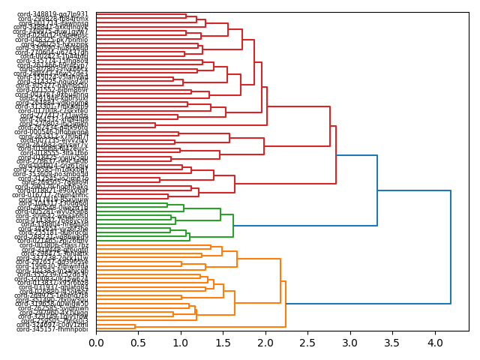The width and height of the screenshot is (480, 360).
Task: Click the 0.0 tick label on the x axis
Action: (96, 343)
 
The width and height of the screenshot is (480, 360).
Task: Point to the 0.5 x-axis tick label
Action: (139, 343)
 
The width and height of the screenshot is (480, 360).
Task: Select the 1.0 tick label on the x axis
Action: (181, 343)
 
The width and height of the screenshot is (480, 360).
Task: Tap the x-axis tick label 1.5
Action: (223, 343)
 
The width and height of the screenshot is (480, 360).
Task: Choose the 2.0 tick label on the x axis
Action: (265, 343)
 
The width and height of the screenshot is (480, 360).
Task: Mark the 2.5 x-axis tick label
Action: (308, 343)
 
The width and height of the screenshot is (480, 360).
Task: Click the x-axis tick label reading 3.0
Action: (350, 343)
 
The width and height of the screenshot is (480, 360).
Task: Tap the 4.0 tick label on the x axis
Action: (435, 343)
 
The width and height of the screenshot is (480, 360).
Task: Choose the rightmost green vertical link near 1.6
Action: (233, 225)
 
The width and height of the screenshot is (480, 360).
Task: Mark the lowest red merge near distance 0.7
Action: (155, 124)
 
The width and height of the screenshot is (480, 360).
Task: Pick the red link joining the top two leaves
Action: (186, 16)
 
